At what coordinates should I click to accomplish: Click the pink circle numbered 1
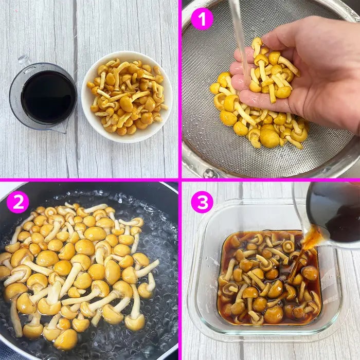[x=202, y=19]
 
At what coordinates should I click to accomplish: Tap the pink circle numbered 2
[x=18, y=202]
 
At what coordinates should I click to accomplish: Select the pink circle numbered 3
[x=202, y=202]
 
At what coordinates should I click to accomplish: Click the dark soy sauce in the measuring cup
[x=48, y=97]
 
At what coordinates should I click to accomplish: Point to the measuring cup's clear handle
[x=24, y=61]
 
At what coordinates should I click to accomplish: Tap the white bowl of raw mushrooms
[x=127, y=97]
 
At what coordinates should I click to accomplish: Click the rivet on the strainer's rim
[x=209, y=173]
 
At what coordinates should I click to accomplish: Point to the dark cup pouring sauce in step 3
[x=333, y=213]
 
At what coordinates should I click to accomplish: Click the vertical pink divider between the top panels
[x=180, y=89]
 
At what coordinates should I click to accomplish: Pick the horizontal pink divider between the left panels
[x=89, y=180]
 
